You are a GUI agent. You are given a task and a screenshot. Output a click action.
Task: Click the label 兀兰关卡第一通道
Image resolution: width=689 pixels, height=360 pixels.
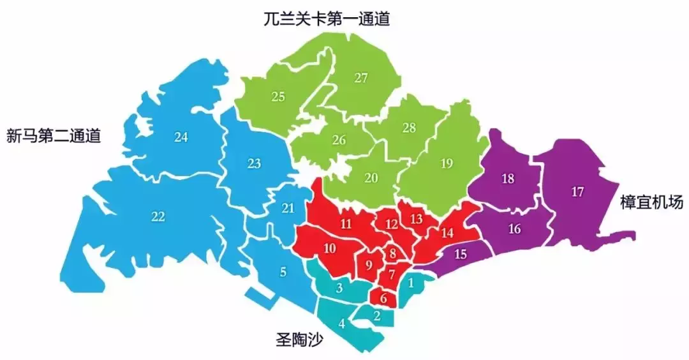(x=326, y=19)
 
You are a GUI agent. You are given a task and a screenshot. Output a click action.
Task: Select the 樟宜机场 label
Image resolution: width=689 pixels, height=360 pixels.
(x=651, y=203)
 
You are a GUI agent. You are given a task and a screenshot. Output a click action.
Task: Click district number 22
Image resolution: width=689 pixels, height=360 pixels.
(x=158, y=216)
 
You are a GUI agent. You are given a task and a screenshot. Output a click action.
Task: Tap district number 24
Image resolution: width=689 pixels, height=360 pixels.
(x=181, y=137)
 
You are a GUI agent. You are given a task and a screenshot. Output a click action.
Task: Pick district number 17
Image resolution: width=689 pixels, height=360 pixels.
(x=578, y=192)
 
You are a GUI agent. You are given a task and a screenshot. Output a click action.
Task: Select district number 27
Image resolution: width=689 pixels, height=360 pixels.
(x=361, y=79)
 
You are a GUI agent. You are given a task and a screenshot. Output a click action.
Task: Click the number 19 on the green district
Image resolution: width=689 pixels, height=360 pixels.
(x=447, y=163)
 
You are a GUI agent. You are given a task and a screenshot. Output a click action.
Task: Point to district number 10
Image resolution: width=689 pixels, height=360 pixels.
(x=330, y=248)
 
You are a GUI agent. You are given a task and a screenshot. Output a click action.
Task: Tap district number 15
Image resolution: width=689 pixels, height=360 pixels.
(x=461, y=254)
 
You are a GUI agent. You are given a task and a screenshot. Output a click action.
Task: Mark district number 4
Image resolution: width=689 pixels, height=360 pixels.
(x=342, y=323)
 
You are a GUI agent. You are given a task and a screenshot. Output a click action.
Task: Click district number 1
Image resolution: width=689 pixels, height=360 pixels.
(x=411, y=281)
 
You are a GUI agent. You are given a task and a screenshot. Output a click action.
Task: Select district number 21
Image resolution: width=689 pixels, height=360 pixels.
(x=288, y=208)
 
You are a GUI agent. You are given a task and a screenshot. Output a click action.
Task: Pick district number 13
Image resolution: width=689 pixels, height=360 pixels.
(x=416, y=219)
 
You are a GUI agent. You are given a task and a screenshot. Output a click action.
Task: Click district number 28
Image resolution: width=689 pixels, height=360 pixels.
(x=409, y=128)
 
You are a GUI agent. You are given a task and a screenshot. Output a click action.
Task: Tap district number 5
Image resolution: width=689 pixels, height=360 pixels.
(x=283, y=271)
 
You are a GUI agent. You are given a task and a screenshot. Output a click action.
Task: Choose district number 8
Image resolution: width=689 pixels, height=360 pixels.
(x=393, y=253)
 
